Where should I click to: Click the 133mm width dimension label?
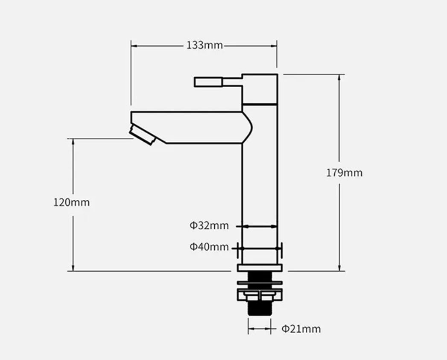point(205,45)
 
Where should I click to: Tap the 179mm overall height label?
point(345,173)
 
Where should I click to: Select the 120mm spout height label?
point(72,202)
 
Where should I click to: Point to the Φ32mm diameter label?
point(209,225)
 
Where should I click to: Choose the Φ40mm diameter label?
point(209,247)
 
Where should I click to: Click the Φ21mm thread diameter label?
point(301,329)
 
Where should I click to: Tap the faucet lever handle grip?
point(208,82)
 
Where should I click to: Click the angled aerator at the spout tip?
point(142,135)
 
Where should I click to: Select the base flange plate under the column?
point(260,268)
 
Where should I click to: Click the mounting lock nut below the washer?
point(260,295)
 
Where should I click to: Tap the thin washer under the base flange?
point(260,283)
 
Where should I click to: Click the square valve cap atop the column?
point(260,89)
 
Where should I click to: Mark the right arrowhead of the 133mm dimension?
point(274,46)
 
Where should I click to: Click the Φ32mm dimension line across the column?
point(260,226)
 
